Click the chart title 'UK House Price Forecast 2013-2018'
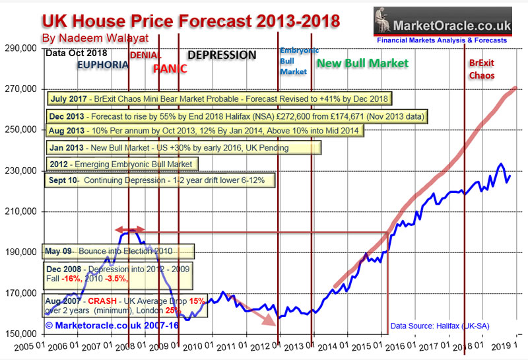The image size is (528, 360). click(x=191, y=20)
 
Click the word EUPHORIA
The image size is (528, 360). click(x=102, y=65)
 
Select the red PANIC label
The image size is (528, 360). click(x=170, y=69)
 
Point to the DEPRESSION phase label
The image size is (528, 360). click(x=222, y=55)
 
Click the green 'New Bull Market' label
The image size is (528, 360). click(x=362, y=63)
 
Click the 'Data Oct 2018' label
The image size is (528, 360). click(x=71, y=52)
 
